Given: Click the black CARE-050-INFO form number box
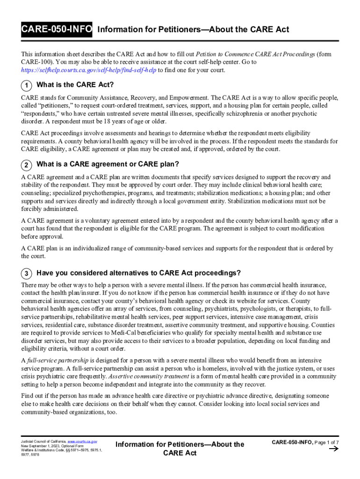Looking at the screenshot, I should [57, 30].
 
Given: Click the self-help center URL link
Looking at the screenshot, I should [89, 70].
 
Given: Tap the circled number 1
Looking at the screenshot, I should [26, 85].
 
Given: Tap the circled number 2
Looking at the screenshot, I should [26, 165].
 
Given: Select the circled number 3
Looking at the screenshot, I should [26, 273].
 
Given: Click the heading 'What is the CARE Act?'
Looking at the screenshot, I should [75, 85].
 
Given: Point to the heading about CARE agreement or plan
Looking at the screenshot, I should [108, 164].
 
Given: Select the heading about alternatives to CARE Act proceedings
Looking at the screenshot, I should [138, 273].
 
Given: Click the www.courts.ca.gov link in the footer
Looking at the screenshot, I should [82, 442].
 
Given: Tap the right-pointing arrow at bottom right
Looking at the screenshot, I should [334, 449].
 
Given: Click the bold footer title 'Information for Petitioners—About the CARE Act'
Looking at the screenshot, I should [180, 448].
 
